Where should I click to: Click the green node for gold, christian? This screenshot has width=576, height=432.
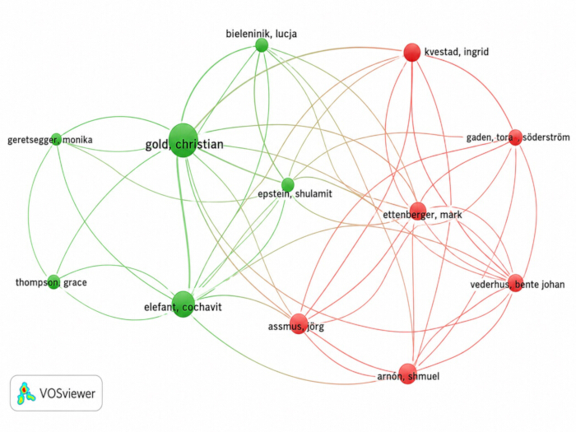(x=183, y=141)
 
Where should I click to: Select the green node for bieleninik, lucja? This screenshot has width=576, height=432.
(x=262, y=45)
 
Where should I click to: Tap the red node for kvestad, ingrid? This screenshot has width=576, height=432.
(x=411, y=52)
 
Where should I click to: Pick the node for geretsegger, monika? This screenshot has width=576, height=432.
(x=56, y=139)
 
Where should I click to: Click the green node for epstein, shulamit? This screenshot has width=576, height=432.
(x=288, y=184)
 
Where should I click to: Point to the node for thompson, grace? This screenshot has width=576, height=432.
(x=53, y=281)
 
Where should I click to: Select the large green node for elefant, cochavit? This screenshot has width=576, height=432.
(x=183, y=304)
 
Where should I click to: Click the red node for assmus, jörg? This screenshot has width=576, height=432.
(x=298, y=323)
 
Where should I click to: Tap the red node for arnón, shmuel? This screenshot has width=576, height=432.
(x=407, y=374)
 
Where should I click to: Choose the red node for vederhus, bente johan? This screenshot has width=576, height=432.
(x=516, y=283)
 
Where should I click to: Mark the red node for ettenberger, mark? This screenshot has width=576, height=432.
(x=418, y=211)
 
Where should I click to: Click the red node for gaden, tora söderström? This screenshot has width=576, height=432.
(x=515, y=137)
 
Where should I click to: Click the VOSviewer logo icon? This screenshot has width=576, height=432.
(x=26, y=392)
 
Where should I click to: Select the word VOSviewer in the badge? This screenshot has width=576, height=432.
(x=67, y=393)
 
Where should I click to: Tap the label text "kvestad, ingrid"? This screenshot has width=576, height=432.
(x=456, y=52)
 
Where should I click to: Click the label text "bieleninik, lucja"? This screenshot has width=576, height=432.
(x=261, y=34)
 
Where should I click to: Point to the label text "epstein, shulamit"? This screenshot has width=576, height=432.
(x=295, y=193)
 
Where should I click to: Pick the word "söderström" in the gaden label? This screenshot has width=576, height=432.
(x=546, y=137)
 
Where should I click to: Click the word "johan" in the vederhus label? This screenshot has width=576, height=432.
(x=552, y=285)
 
